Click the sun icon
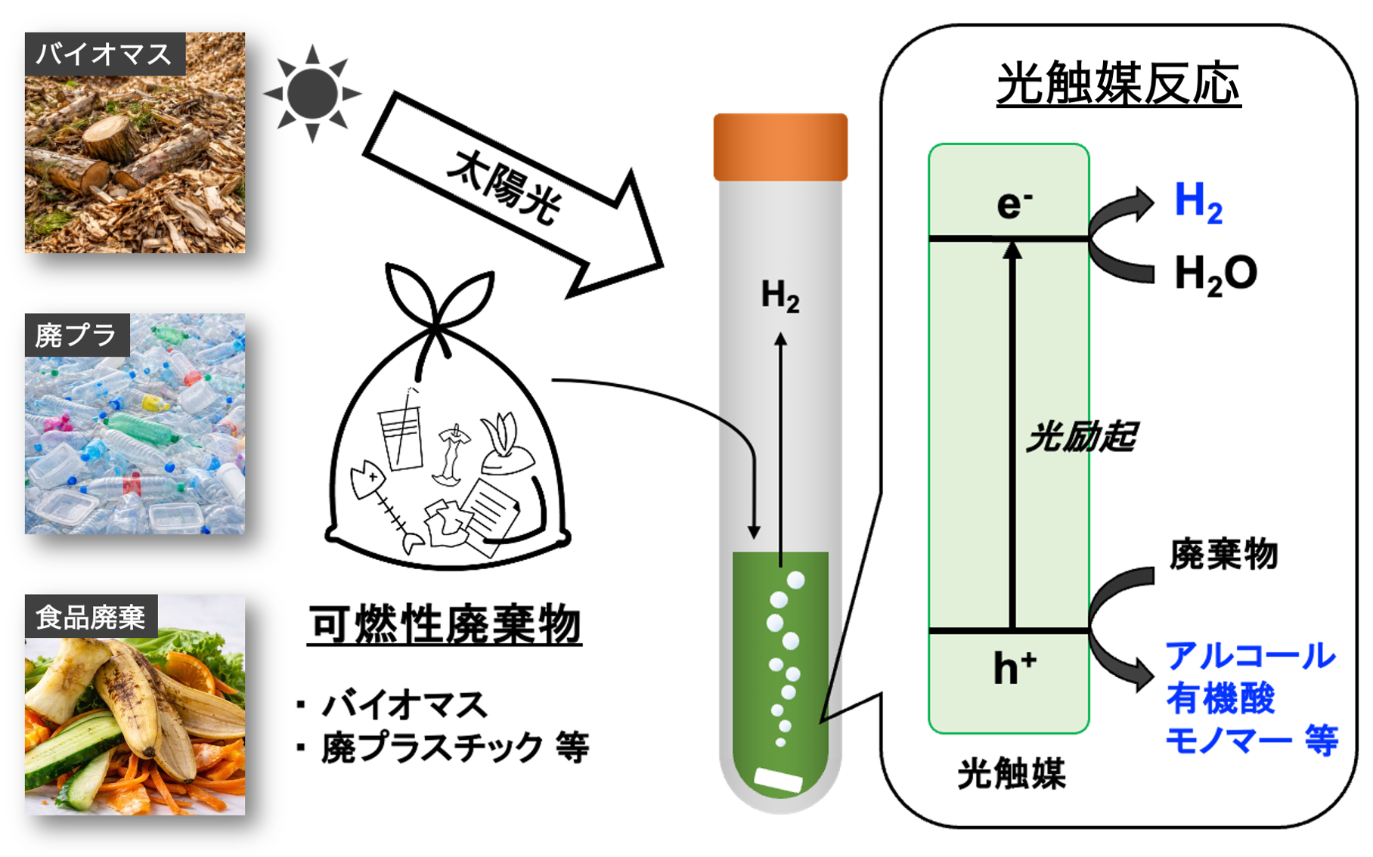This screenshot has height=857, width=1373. point(312,93)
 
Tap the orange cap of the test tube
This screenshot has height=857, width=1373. point(780,147)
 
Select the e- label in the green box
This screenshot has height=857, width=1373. point(1014,204)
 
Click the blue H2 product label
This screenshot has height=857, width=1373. point(1198,203)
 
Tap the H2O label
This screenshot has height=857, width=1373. point(1215,274)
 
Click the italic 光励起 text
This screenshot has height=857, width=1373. point(1081,437)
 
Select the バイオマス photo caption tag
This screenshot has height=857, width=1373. point(104,54)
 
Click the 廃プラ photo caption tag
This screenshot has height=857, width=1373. point(76,335)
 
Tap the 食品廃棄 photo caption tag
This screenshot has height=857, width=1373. point(91,617)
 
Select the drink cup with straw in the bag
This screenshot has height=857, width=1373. point(401,435)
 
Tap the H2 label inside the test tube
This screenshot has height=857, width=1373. point(779,295)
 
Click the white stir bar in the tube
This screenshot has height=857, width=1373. point(779,780)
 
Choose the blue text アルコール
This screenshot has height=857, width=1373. point(1250,656)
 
